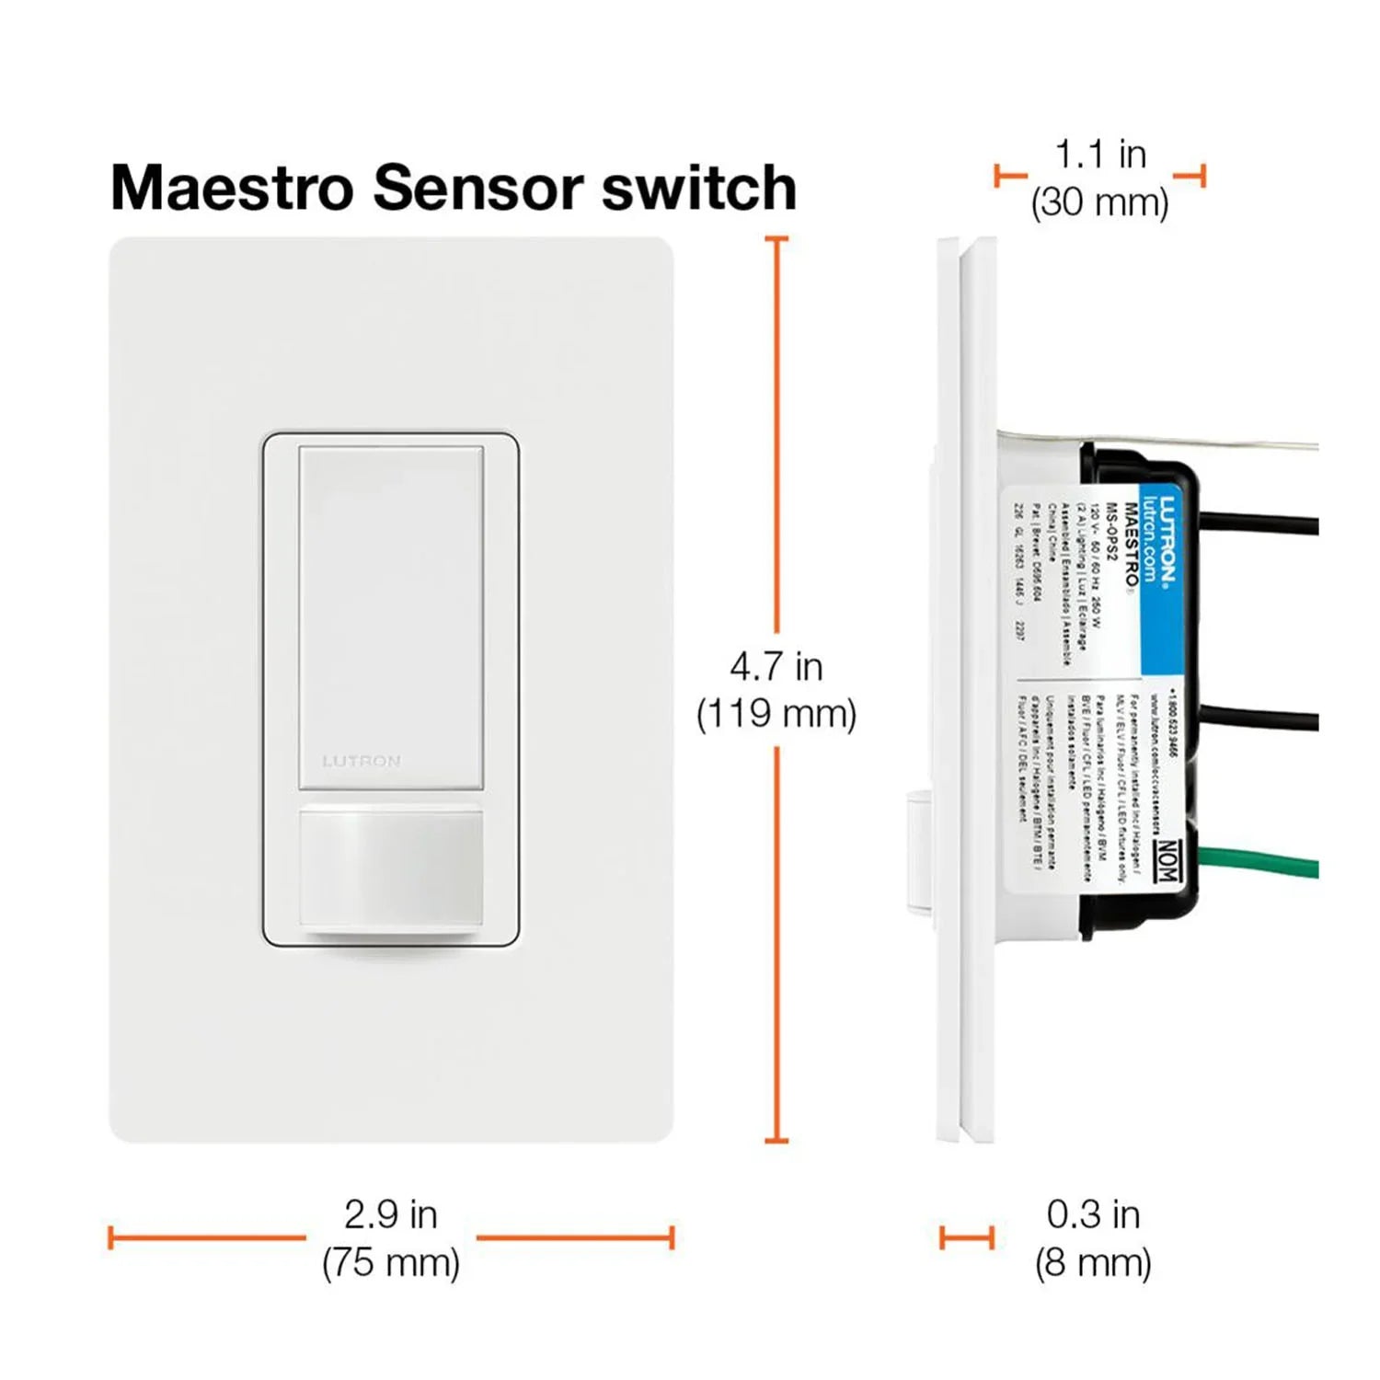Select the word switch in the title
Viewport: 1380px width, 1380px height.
(699, 189)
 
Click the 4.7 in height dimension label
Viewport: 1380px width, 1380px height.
(776, 667)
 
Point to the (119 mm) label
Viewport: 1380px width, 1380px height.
(776, 714)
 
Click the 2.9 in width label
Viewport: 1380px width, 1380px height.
(391, 1214)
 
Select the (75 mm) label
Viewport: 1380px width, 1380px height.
(391, 1262)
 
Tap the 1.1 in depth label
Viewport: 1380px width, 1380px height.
(1100, 155)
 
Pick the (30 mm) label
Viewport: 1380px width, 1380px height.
(1100, 202)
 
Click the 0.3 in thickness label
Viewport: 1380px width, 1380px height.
(1093, 1214)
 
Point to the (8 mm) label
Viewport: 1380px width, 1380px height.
(1093, 1262)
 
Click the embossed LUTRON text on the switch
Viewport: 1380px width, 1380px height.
(362, 762)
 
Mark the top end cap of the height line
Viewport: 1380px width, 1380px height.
(776, 239)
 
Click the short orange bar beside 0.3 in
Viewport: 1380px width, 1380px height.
(967, 1237)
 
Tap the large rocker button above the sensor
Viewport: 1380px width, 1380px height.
(391, 616)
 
